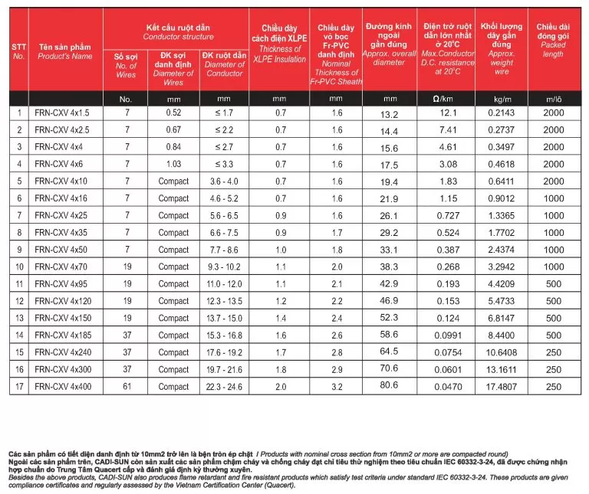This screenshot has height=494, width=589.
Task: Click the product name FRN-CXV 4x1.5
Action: (x=57, y=113)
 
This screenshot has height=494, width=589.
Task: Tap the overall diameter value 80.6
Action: (x=390, y=388)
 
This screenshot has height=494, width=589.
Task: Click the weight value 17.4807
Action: (x=502, y=388)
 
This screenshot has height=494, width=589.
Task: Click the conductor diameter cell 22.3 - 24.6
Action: (x=225, y=388)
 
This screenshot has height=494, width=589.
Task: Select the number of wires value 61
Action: (x=127, y=387)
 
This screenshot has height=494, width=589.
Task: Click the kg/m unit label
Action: (x=502, y=99)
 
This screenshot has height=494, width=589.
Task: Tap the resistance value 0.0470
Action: (x=449, y=388)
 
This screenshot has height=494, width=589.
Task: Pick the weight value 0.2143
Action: (x=502, y=113)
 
